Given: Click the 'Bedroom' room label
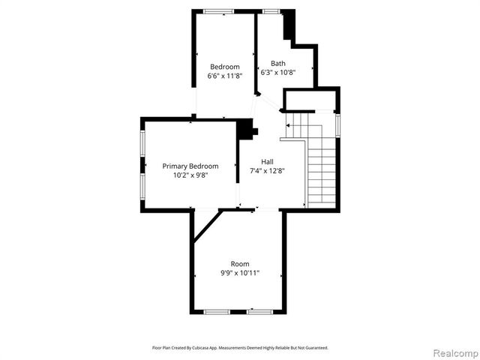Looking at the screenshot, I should tap(225, 67).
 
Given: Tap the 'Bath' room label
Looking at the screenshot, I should tap(277, 64).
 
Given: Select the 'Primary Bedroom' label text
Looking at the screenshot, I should tap(190, 166).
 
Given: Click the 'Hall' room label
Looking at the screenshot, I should tap(267, 161).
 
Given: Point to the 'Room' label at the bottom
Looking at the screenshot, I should tap(240, 263).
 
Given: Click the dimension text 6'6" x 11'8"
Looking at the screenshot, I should tap(225, 76).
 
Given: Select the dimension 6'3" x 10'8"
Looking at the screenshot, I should tap(277, 73).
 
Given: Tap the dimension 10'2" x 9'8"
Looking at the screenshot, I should tap(190, 175).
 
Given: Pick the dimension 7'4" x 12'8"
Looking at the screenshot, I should tap(267, 170).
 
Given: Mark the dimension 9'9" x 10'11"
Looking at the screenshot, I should tap(240, 273).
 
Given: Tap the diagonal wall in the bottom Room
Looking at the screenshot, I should tap(207, 226).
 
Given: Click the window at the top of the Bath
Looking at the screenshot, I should tap(270, 10).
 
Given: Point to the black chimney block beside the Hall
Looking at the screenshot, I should tap(246, 130).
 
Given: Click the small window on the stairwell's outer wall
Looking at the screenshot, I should tap(338, 123).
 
